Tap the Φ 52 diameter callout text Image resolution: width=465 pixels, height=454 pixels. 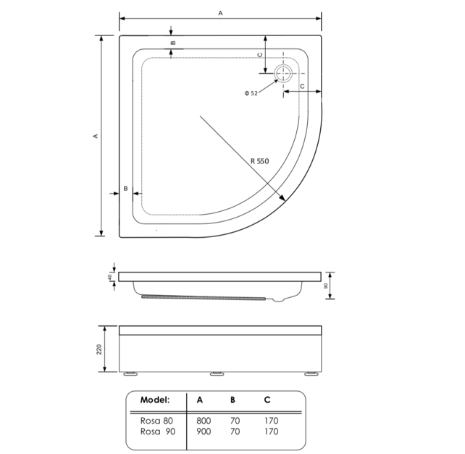pos(251,93)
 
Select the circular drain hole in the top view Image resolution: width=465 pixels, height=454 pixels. pos(282,74)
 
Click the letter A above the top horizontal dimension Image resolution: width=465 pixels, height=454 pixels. pos(220,12)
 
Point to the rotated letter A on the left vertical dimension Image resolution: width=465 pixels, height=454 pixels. pos(96,136)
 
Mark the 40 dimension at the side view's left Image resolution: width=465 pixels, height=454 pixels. pos(111,277)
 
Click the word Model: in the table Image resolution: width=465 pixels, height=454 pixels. pos(154,399)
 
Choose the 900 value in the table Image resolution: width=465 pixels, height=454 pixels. pos(204,432)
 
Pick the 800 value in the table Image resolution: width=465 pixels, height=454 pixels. pos(204,419)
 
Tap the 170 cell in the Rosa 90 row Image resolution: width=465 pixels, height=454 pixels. pos(269,432)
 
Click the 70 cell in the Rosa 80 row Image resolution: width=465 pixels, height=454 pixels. pos(235,419)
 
